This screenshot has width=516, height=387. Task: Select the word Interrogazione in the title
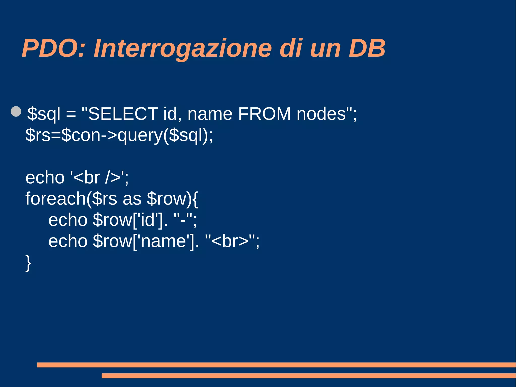[183, 48]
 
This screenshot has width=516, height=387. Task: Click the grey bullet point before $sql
[16, 111]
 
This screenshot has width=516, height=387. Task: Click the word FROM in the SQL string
[264, 114]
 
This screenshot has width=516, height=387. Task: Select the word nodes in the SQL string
[321, 114]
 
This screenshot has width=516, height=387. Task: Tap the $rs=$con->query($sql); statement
[119, 135]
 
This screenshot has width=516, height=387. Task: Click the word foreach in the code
[56, 199]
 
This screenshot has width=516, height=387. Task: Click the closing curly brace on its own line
[28, 263]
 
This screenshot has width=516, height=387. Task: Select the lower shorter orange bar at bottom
[308, 376]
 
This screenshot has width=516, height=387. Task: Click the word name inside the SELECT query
[210, 114]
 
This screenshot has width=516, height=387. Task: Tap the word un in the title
[325, 48]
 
